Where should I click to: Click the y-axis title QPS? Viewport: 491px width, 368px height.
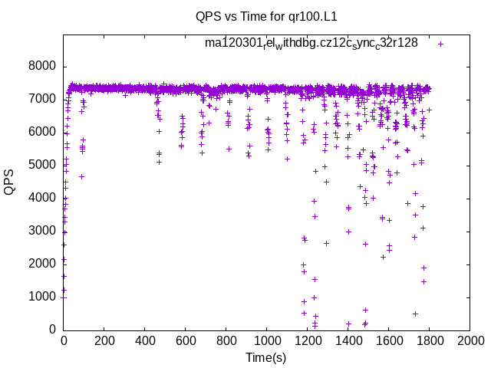(10, 181)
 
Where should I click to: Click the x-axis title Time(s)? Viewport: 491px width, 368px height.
(266, 357)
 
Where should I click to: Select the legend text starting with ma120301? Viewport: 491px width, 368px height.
(311, 43)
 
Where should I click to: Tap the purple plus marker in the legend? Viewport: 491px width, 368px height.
(440, 44)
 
